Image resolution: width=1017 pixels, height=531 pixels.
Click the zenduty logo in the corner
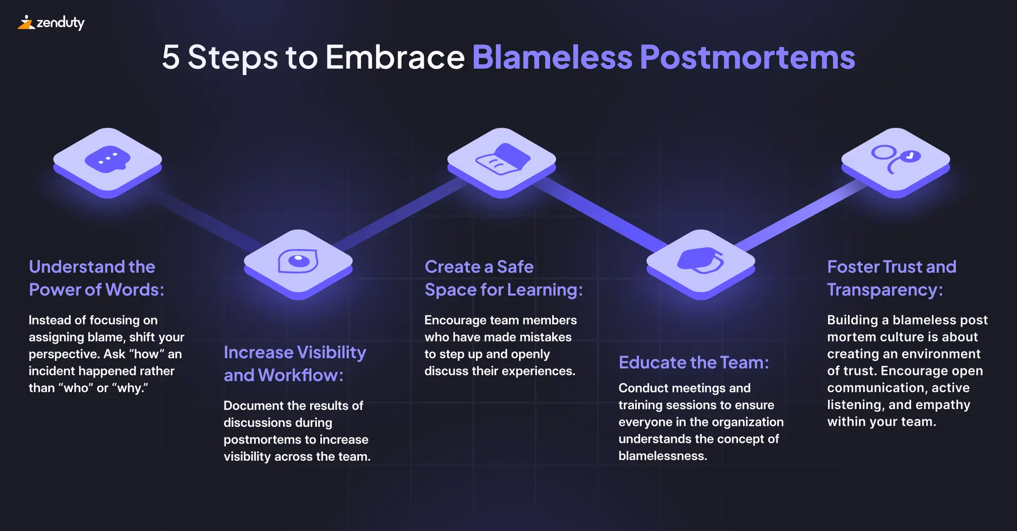51,23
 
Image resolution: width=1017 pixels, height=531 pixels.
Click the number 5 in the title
171,57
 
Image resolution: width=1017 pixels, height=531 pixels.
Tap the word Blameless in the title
552,57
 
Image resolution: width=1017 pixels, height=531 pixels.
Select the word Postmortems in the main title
747,57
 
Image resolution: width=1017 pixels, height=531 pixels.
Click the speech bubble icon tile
107,161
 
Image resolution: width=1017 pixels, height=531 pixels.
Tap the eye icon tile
298,262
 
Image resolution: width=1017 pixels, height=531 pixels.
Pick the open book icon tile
502,161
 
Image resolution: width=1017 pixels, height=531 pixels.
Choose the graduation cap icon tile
701,262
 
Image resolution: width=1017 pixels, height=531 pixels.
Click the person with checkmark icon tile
895,161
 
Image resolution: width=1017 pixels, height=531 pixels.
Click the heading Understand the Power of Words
97,278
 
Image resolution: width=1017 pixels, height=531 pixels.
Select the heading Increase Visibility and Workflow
295,363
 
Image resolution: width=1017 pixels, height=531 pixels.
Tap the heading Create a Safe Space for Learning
503,278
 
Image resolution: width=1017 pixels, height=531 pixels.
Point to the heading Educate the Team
694,362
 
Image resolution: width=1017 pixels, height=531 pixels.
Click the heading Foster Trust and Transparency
891,278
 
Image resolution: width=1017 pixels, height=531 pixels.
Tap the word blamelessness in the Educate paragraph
663,456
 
